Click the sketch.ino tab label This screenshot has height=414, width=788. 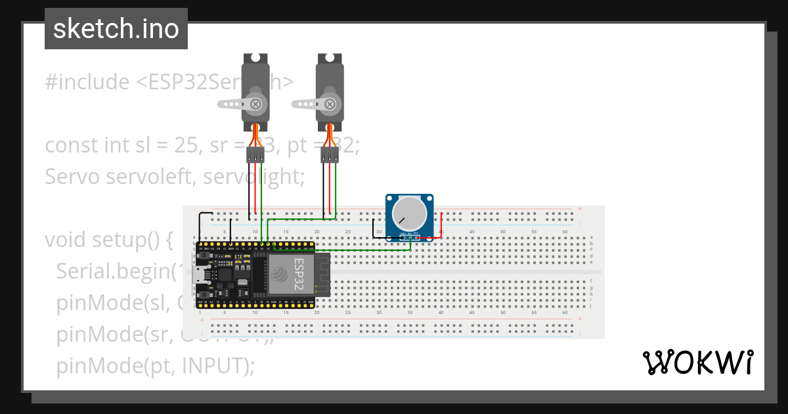click(116, 29)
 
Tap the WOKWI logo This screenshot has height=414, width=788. click(697, 362)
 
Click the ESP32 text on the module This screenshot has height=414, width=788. click(299, 274)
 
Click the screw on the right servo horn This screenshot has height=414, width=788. click(330, 103)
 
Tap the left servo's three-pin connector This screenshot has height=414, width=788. click(255, 155)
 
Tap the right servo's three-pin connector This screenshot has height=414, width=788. click(330, 155)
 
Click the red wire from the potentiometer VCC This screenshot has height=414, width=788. click(441, 223)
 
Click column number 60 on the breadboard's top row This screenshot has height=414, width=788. click(565, 231)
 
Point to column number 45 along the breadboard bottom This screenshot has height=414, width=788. click(471, 313)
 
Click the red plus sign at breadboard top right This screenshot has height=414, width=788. click(580, 209)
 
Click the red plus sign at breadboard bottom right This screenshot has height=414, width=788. click(580, 319)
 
